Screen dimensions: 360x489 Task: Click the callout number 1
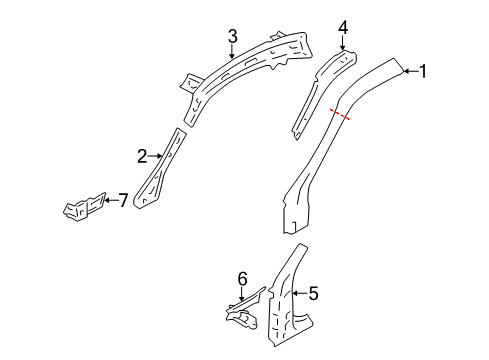[423, 71]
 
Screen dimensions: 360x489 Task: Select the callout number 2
[143, 155]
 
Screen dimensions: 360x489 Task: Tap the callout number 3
[232, 37]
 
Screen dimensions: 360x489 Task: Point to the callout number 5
[313, 294]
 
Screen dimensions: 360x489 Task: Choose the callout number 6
[241, 279]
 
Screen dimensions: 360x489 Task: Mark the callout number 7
[123, 201]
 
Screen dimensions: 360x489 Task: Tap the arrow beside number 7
[110, 201]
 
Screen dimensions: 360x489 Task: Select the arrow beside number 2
[158, 155]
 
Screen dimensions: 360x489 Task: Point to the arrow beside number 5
[299, 294]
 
